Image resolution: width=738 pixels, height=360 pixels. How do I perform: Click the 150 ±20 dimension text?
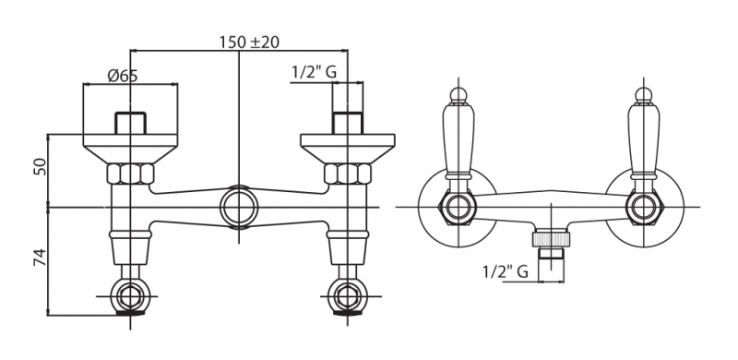click(x=249, y=42)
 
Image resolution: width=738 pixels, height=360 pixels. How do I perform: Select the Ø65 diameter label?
click(x=123, y=76)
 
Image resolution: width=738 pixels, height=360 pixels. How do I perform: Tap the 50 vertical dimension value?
click(x=41, y=167)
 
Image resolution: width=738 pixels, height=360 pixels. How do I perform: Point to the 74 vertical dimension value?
click(x=41, y=257)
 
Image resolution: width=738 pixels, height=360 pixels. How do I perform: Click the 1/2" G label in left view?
click(x=314, y=72)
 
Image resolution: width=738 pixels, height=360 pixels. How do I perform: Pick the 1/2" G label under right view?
click(x=505, y=272)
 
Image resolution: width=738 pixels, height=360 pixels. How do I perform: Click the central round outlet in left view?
click(x=239, y=208)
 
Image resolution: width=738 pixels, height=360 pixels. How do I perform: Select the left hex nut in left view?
click(x=130, y=174)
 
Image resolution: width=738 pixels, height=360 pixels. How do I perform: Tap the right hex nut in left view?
click(x=348, y=174)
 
